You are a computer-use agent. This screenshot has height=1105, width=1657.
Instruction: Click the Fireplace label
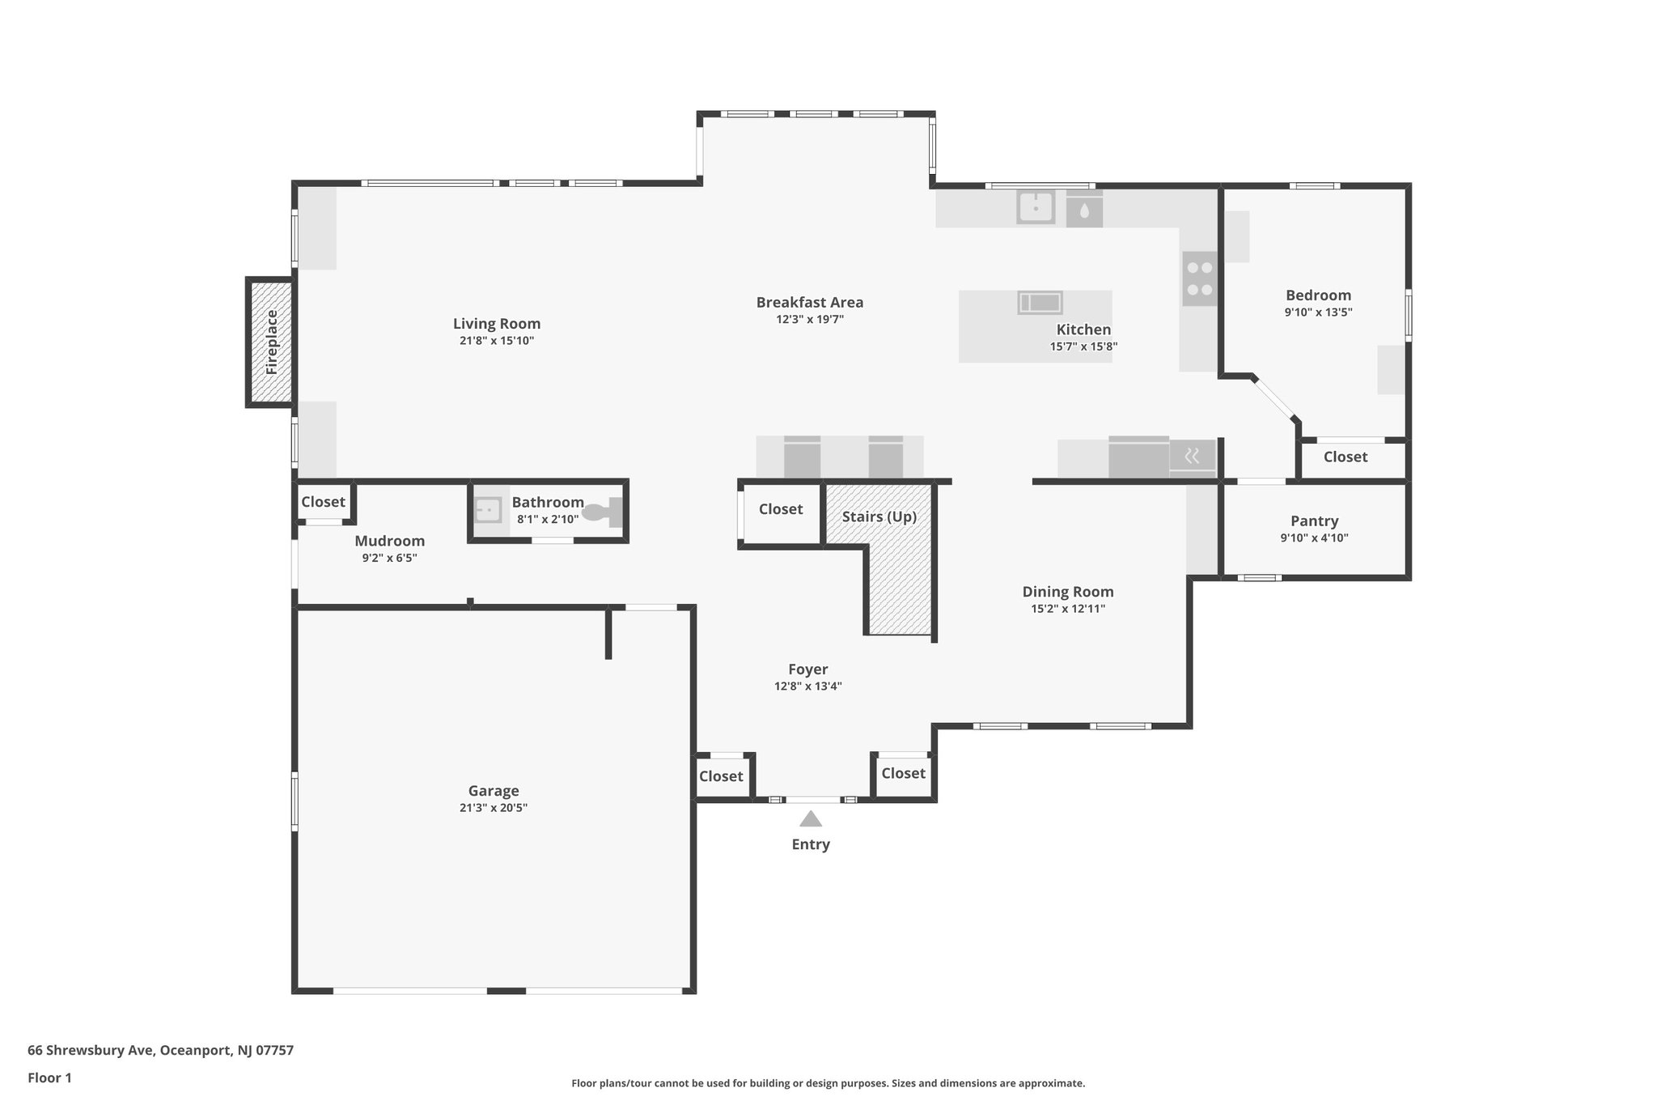(271, 342)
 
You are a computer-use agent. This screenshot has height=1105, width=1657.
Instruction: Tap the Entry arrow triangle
(811, 819)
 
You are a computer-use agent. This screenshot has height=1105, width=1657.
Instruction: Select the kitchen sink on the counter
(1036, 207)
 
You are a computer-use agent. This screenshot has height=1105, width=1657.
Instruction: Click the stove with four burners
(1199, 278)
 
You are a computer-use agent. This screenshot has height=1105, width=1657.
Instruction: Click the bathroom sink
(488, 511)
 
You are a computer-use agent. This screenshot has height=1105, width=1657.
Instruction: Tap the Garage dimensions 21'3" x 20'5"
(494, 807)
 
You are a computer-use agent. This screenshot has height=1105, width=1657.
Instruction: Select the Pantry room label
(1314, 521)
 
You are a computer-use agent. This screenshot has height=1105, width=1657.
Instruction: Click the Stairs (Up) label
(879, 516)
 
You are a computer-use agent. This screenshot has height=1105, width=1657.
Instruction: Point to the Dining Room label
(1067, 592)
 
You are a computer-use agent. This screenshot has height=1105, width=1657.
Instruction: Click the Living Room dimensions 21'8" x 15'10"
(497, 341)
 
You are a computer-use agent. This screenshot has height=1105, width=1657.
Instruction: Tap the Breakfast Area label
(809, 302)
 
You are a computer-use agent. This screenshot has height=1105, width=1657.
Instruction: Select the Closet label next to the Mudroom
(323, 502)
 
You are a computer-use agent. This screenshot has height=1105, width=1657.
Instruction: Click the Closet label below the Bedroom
(1345, 457)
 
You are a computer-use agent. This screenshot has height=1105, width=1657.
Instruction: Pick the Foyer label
(807, 669)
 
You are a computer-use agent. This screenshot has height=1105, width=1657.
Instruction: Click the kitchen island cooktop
(1040, 303)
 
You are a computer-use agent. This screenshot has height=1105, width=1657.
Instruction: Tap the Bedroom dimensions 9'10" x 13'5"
(1318, 312)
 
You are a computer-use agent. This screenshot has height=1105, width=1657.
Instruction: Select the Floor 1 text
(49, 1077)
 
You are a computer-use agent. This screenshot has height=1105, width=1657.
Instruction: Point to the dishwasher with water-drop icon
(1084, 210)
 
